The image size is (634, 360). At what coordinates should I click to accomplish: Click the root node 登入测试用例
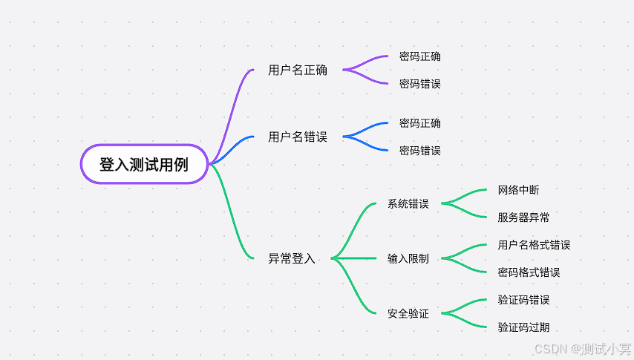pyautogui.click(x=144, y=164)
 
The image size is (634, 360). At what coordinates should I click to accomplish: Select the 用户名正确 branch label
pyautogui.click(x=298, y=71)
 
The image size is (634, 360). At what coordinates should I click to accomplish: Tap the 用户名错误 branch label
pyautogui.click(x=298, y=137)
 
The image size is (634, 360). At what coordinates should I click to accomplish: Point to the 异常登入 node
pyautogui.click(x=292, y=258)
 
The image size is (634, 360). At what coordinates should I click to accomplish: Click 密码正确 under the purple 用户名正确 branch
pyautogui.click(x=419, y=56)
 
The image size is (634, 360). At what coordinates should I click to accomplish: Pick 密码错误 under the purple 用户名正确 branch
pyautogui.click(x=419, y=84)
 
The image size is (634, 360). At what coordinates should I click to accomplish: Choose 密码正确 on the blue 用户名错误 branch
pyautogui.click(x=419, y=123)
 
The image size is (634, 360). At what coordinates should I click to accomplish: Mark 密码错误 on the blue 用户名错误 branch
pyautogui.click(x=419, y=151)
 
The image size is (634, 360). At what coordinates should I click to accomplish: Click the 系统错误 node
pyautogui.click(x=408, y=203)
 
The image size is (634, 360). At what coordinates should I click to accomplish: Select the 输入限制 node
pyautogui.click(x=408, y=258)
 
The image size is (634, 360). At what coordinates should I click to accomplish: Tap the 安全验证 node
pyautogui.click(x=408, y=313)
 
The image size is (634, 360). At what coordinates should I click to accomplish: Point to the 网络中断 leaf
pyautogui.click(x=518, y=190)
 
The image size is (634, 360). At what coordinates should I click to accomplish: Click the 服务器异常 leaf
pyautogui.click(x=523, y=217)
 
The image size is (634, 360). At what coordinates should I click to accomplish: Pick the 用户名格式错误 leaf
pyautogui.click(x=534, y=245)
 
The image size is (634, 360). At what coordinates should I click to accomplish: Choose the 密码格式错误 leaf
pyautogui.click(x=529, y=272)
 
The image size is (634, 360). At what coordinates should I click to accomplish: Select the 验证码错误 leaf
pyautogui.click(x=523, y=300)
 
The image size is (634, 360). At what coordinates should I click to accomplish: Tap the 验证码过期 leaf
pyautogui.click(x=523, y=327)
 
